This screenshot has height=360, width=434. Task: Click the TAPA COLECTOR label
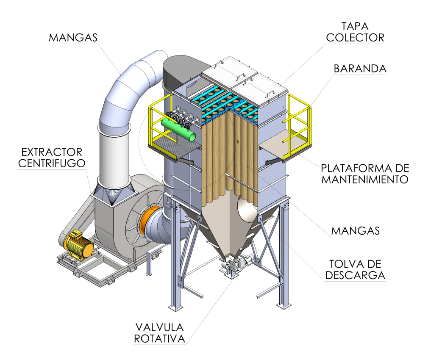pyautogui.click(x=355, y=32)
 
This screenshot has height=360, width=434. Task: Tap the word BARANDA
pyautogui.click(x=360, y=69)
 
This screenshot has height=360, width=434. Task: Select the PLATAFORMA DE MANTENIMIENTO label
pyautogui.click(x=365, y=174)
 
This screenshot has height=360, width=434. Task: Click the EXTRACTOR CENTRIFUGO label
pyautogui.click(x=52, y=158)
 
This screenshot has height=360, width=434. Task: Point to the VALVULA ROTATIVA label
pyautogui.click(x=159, y=333)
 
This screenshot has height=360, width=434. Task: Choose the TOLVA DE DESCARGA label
pyautogui.click(x=355, y=270)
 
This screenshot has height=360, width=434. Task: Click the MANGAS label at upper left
pyautogui.click(x=73, y=38)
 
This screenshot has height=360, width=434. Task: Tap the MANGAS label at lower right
pyautogui.click(x=356, y=231)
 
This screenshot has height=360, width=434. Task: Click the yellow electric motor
pyautogui.click(x=78, y=245)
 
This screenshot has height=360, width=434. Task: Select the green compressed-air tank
pyautogui.click(x=178, y=130)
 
